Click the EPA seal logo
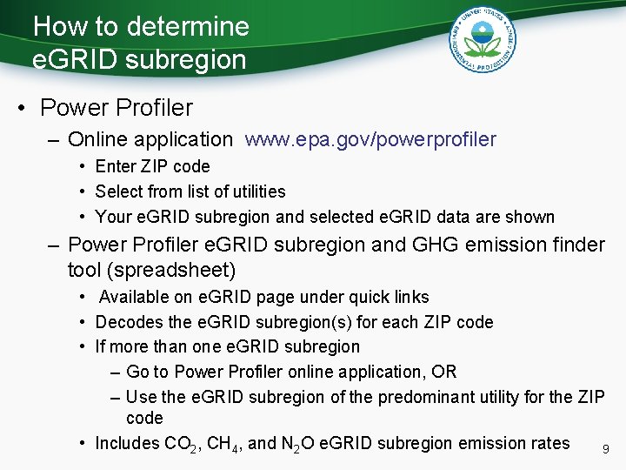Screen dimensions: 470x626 coord(483,38)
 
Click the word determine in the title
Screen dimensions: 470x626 coord(187,26)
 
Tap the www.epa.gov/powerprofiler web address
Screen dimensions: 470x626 coord(371,139)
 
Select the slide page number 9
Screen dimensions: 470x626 coord(605,450)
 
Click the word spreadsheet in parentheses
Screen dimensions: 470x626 coord(176,270)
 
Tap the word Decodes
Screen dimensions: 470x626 coord(127,322)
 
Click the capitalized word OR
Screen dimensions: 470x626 coord(443,372)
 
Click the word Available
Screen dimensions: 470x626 coord(135,298)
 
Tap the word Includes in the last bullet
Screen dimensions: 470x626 coord(127,443)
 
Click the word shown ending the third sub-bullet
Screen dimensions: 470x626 coord(532,216)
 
